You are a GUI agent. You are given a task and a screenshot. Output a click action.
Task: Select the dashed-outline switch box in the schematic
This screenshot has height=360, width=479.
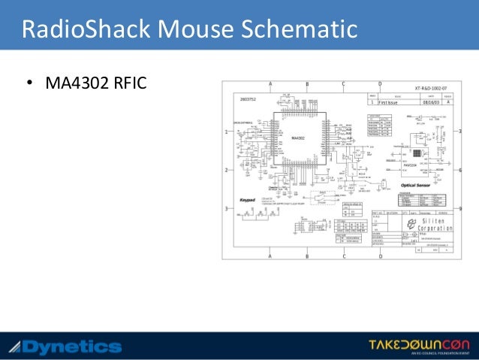[324, 196]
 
